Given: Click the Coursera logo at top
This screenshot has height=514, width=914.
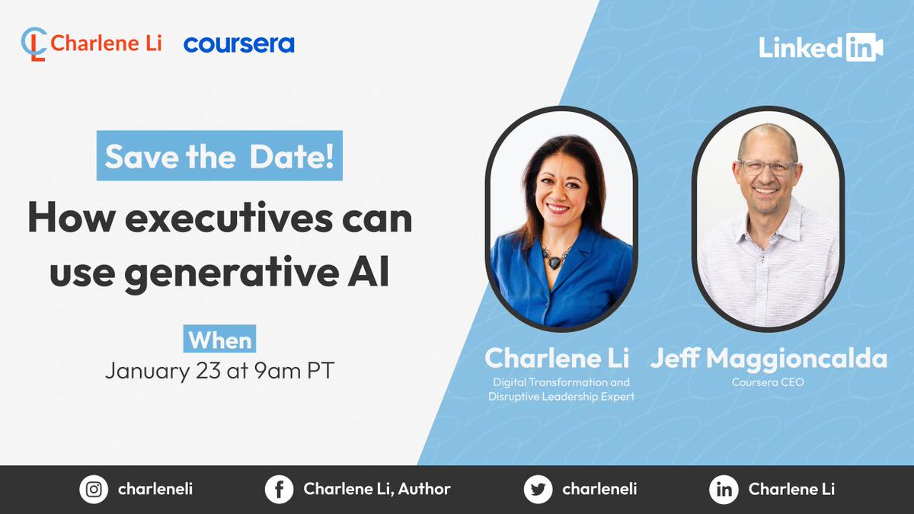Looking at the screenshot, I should point(238,43).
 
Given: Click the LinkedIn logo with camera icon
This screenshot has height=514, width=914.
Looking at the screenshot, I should point(820,48).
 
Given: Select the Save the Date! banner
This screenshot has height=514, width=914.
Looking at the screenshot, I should point(219,157).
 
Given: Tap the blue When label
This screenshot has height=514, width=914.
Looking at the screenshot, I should point(220,340).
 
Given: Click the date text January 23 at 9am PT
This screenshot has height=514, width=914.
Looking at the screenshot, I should point(219,371).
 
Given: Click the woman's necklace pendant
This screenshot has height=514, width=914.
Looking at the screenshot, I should point(555,260).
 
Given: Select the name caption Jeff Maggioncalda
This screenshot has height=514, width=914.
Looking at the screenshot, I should point(768,359).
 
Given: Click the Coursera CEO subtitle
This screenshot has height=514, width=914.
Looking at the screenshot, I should point(768,382).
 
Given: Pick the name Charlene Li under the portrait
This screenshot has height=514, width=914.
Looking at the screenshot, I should point(557,359).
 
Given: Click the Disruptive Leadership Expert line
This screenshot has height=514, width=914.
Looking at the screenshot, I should point(561,397).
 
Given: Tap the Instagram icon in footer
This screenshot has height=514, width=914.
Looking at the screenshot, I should point(94,490).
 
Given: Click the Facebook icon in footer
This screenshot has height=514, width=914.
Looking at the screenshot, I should point(279,490).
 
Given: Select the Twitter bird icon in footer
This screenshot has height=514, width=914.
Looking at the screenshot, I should point(538,490).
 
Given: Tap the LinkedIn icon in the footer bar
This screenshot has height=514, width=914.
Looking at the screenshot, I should point(724,490).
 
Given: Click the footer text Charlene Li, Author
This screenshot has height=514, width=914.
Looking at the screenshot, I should point(377,490).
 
